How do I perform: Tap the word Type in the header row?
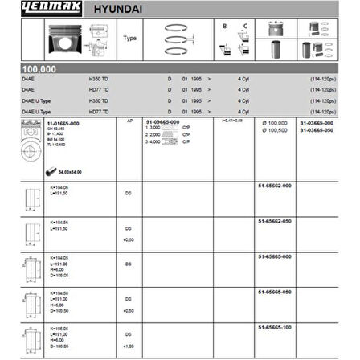point(130,38)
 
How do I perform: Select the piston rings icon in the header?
point(180,38)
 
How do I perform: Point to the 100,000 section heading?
point(39,70)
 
